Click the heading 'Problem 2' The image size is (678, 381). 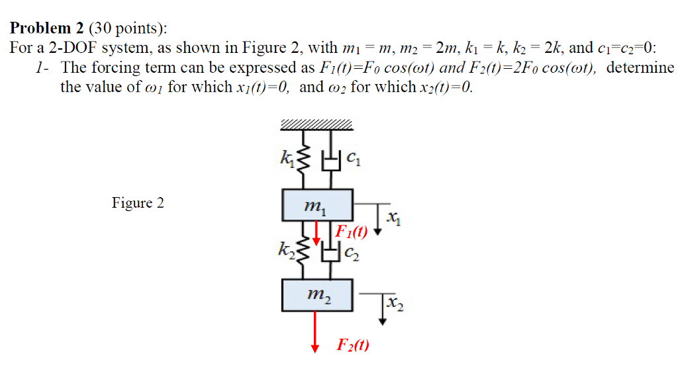click(x=46, y=28)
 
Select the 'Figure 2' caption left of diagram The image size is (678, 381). click(x=138, y=203)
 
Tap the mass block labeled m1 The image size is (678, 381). click(x=316, y=204)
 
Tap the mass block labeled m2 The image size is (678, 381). click(x=316, y=295)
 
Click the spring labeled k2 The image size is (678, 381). click(x=305, y=249)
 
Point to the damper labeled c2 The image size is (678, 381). click(x=328, y=251)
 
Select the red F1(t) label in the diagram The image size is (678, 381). click(x=351, y=231)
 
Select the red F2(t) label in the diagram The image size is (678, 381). click(x=353, y=345)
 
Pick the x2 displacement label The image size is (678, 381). click(x=395, y=304)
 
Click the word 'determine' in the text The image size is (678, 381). click(x=640, y=67)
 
